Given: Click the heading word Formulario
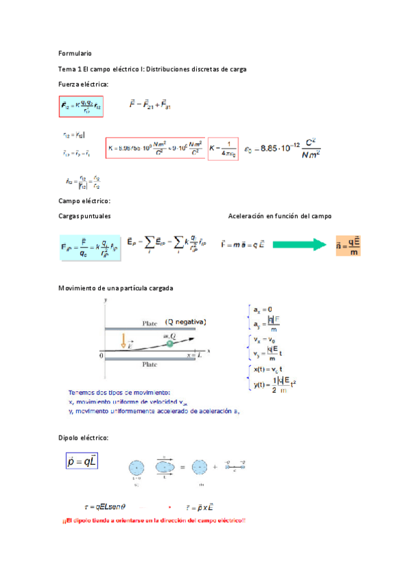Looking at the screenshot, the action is [x=75, y=53].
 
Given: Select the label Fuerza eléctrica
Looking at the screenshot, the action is [x=83, y=84].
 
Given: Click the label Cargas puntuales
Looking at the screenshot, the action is [x=84, y=215].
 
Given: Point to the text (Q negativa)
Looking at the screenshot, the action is [x=185, y=322].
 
